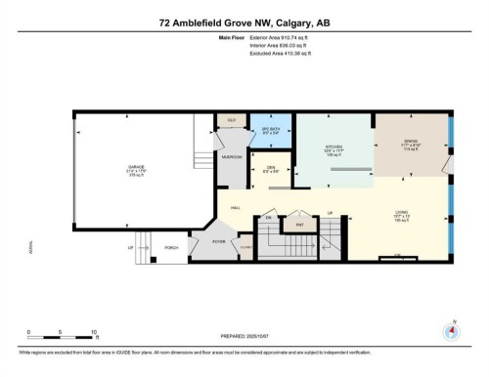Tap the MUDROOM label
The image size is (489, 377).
231,155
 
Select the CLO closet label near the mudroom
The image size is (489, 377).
231,121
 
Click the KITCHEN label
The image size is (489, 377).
334,150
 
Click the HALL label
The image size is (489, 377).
236,208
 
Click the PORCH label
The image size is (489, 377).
170,248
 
